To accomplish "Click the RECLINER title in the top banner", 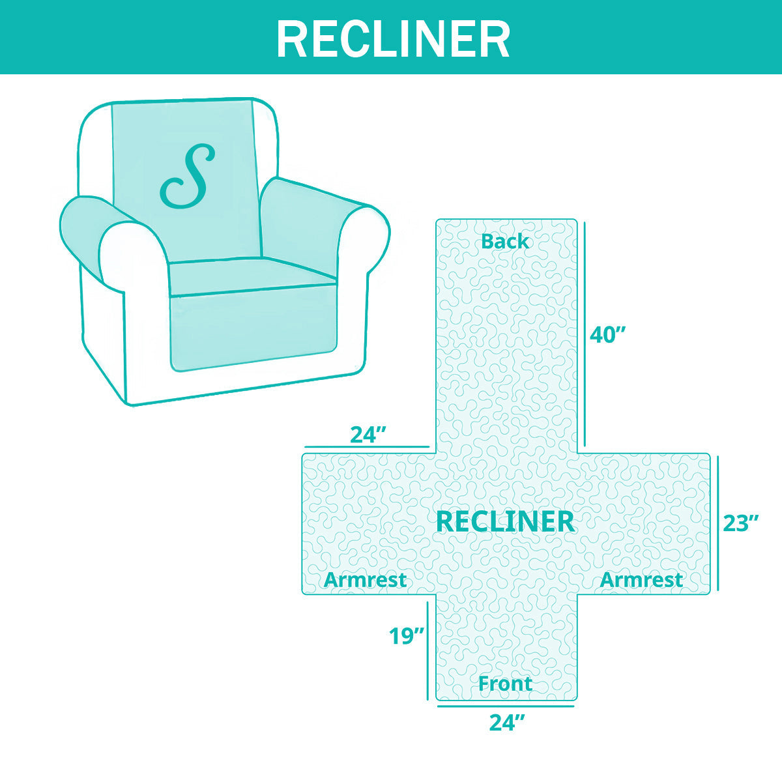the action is coord(393,40).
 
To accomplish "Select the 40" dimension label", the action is coord(607,336).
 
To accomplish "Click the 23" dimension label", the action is coord(740,523).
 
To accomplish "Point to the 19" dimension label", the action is coord(407,636).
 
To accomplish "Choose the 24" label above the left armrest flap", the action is coord(368,435).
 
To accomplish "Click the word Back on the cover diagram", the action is coord(505,242).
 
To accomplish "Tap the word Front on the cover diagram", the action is coord(505,684).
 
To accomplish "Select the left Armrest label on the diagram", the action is coord(365,580).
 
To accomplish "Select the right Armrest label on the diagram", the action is coord(641,580).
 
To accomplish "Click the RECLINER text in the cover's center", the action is coord(505,522).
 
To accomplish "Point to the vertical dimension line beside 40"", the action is coord(585,334).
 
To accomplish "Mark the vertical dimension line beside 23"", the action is coord(718,523).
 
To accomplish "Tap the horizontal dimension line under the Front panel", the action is coord(506,706).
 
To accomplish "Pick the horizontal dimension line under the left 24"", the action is coord(367,447).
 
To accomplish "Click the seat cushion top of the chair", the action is coord(252,276).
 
